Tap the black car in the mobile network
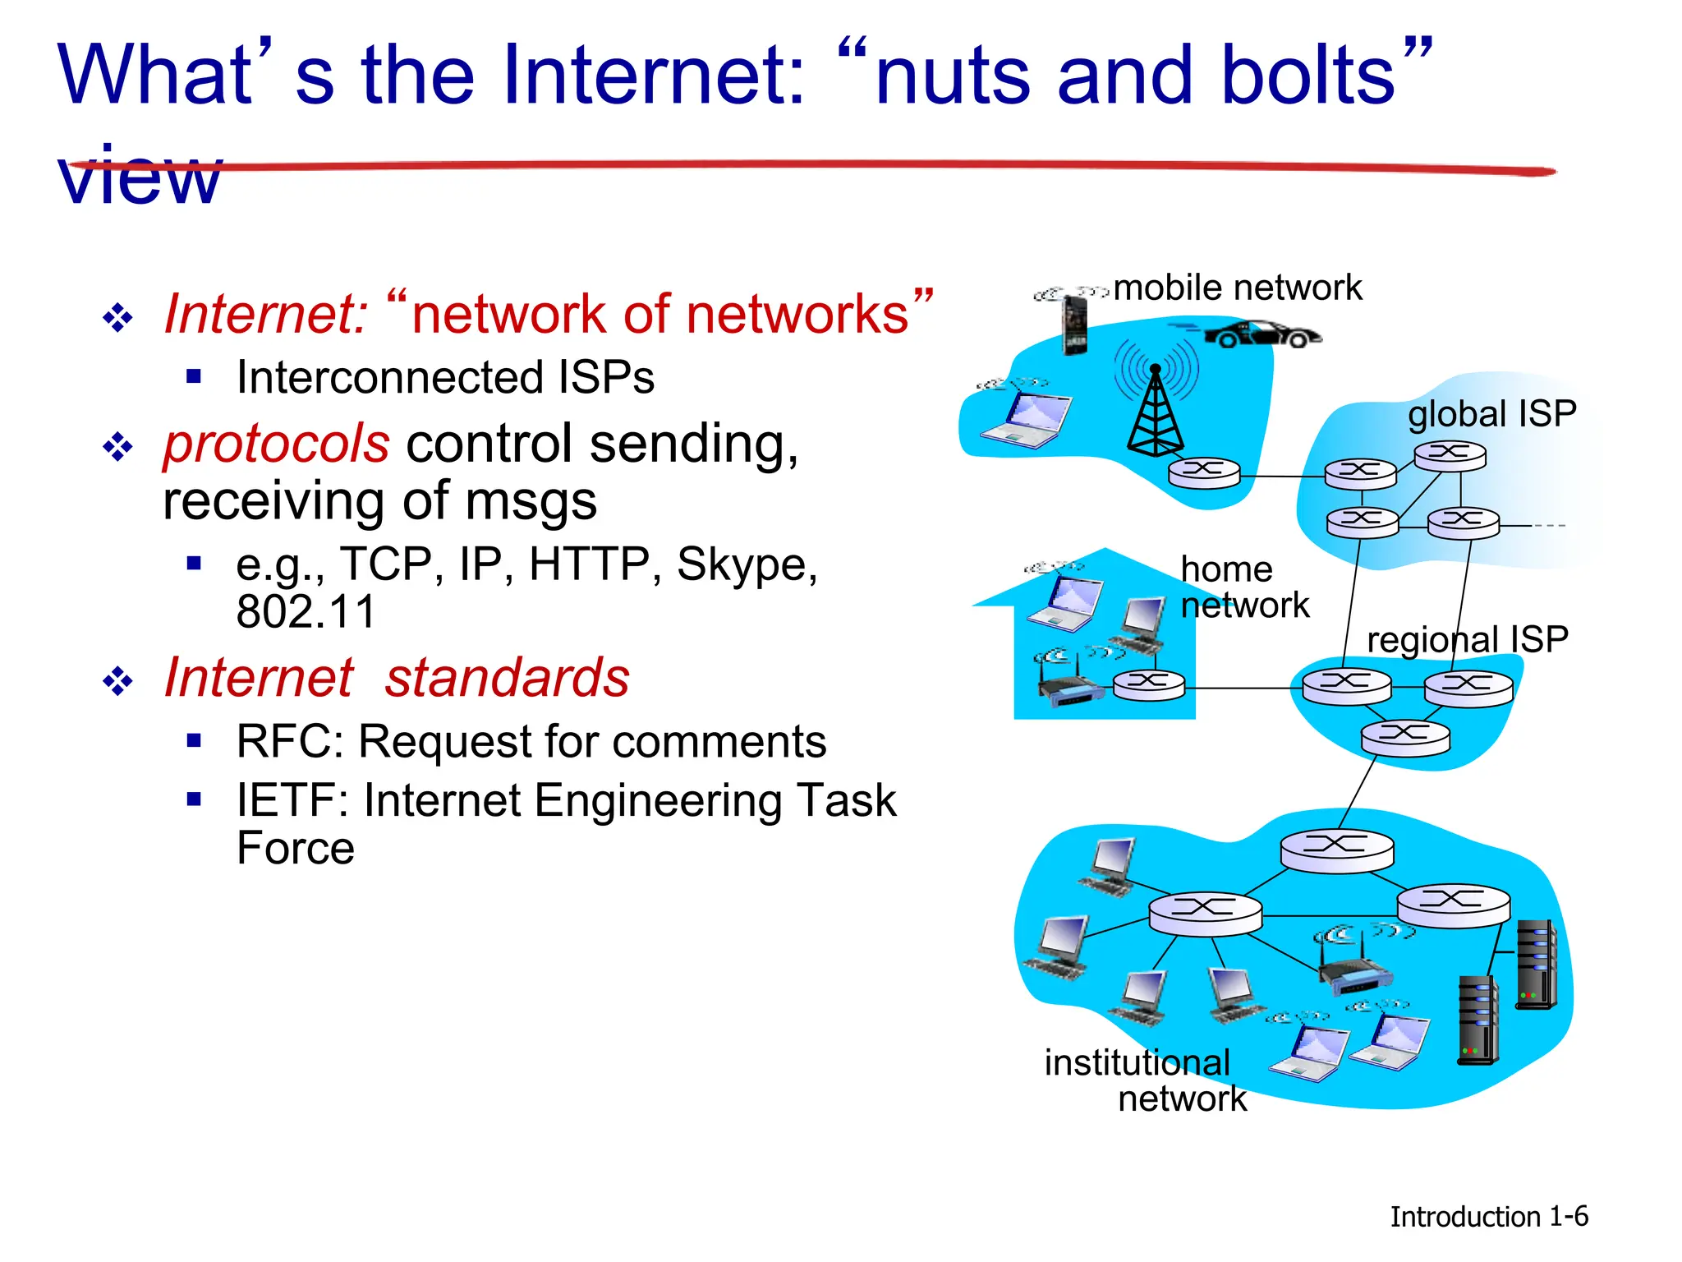tap(1261, 334)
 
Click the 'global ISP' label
tap(1491, 413)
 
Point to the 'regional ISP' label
tap(1467, 639)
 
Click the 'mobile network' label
tap(1237, 288)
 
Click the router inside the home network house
tap(1149, 684)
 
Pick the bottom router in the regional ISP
tap(1405, 737)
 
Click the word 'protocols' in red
tap(276, 444)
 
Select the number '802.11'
tap(306, 612)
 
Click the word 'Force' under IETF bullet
tap(295, 848)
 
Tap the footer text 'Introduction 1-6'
tap(1488, 1216)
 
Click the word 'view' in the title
tap(140, 177)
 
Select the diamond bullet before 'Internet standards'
tap(118, 680)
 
